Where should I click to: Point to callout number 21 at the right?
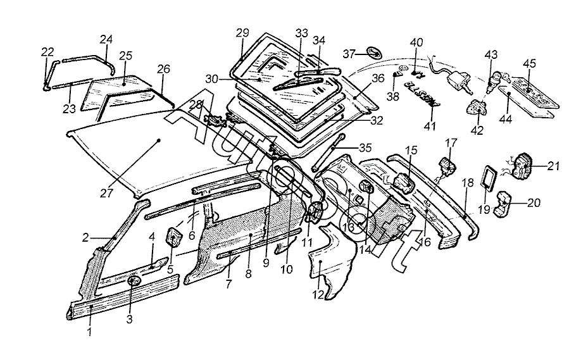(x=554, y=166)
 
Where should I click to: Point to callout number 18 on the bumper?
(x=467, y=182)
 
